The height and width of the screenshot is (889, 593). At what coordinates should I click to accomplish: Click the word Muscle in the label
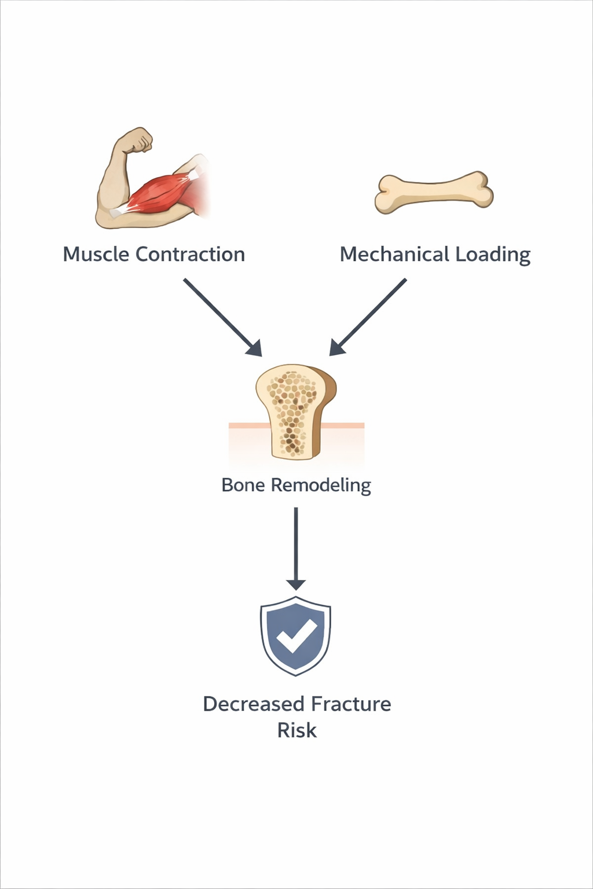click(96, 254)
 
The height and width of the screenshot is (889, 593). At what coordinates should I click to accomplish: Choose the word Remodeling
click(321, 485)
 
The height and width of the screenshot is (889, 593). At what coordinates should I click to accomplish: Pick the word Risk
click(296, 730)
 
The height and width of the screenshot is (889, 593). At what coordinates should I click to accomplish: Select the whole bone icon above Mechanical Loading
click(434, 192)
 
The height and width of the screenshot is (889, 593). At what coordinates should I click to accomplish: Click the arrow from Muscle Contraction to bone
click(223, 317)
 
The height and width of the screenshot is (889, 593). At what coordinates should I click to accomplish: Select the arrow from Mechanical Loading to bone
click(368, 317)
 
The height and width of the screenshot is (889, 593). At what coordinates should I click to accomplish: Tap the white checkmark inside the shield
click(296, 635)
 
